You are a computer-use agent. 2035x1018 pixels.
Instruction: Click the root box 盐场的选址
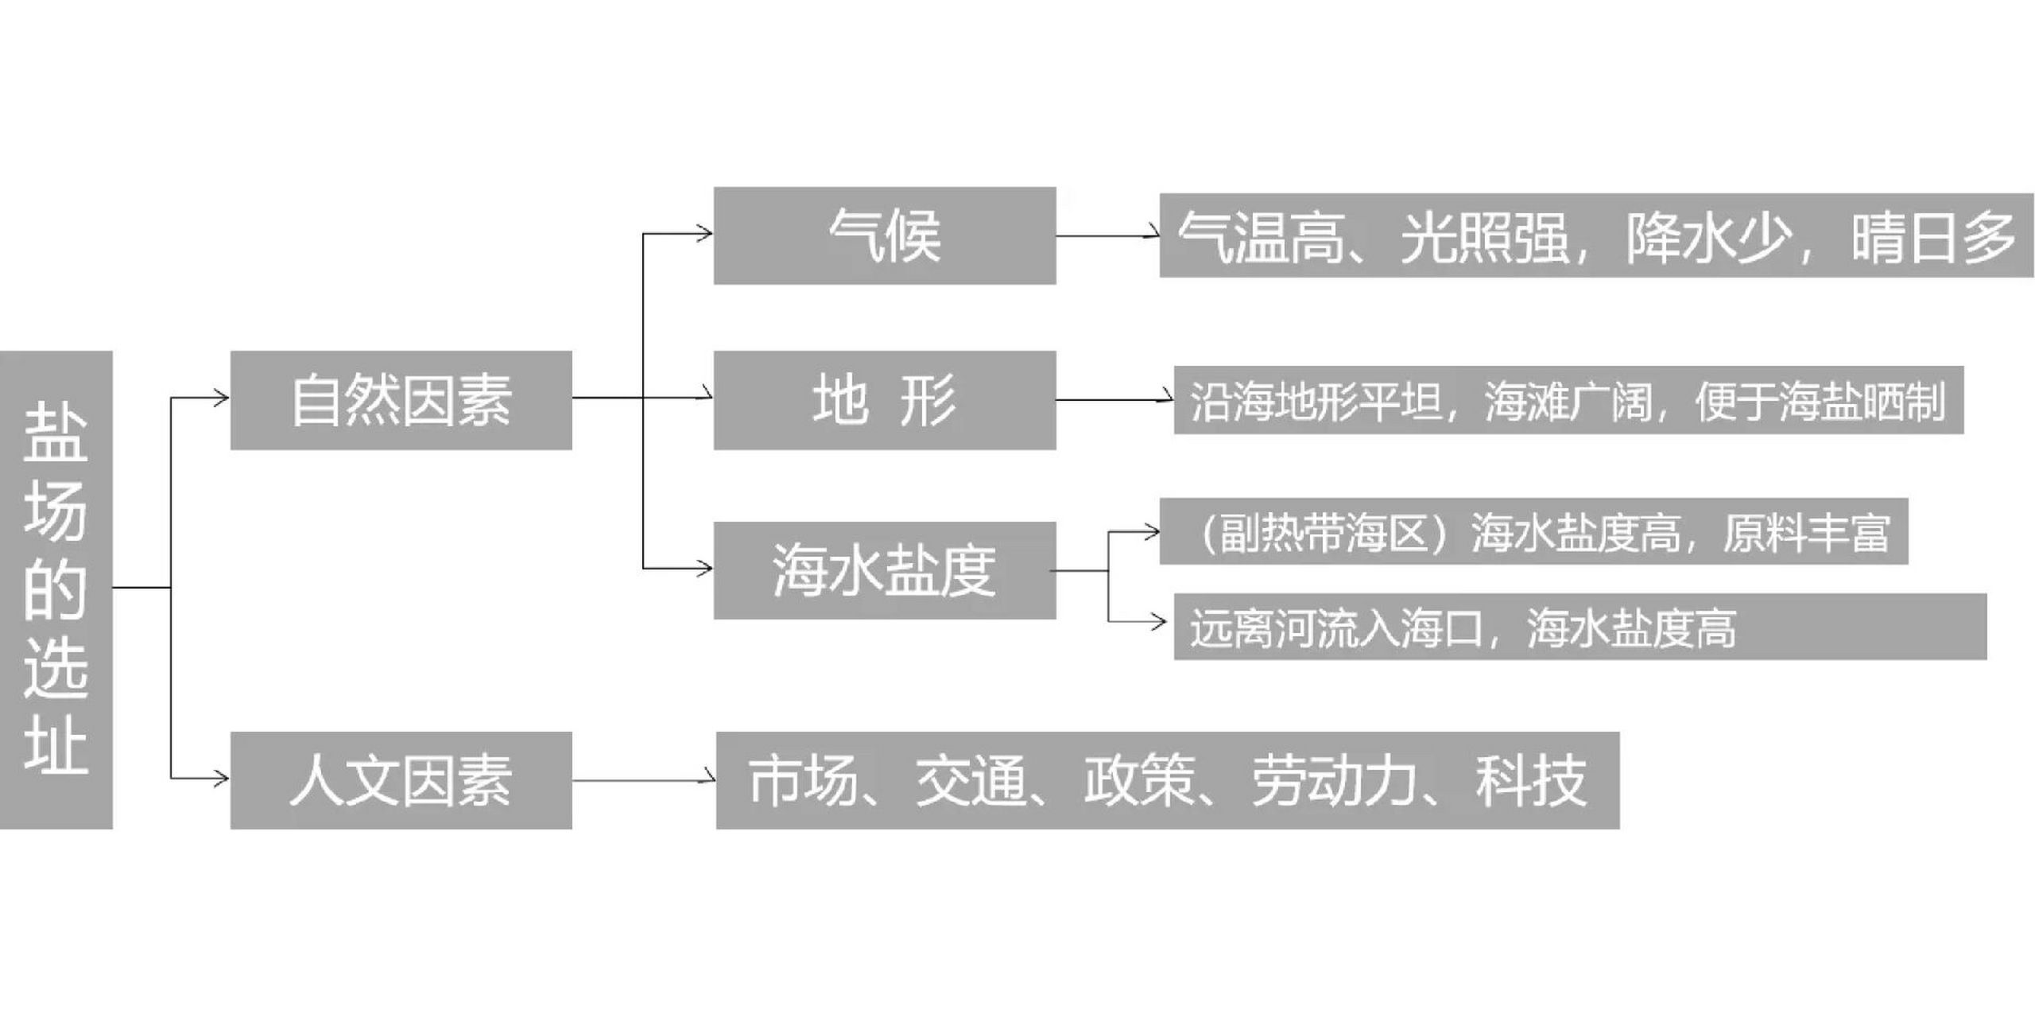pyautogui.click(x=56, y=589)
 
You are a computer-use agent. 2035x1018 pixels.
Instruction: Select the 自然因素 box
pyautogui.click(x=401, y=400)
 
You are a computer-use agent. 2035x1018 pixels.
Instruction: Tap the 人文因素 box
pyautogui.click(x=401, y=780)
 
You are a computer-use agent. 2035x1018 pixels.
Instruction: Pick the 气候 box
pyautogui.click(x=884, y=235)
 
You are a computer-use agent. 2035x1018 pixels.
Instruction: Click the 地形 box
pyautogui.click(x=884, y=400)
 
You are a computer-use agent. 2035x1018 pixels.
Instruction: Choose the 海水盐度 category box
pyautogui.click(x=884, y=570)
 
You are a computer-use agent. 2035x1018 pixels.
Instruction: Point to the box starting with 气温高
pyautogui.click(x=1595, y=235)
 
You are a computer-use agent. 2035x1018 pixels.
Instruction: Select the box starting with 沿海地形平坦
pyautogui.click(x=1568, y=400)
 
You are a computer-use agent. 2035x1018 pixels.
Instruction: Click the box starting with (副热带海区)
pyautogui.click(x=1533, y=531)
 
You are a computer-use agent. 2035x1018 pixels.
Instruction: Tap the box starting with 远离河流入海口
pyautogui.click(x=1580, y=627)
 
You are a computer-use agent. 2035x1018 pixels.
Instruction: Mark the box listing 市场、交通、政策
pyautogui.click(x=1167, y=780)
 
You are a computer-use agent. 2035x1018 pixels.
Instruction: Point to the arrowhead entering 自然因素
pyautogui.click(x=222, y=397)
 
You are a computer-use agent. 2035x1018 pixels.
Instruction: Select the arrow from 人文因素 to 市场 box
pyautogui.click(x=644, y=780)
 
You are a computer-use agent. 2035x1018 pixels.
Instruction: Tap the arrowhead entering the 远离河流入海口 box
pyautogui.click(x=1161, y=621)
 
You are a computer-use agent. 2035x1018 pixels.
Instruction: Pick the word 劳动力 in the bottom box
pyautogui.click(x=1335, y=780)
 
